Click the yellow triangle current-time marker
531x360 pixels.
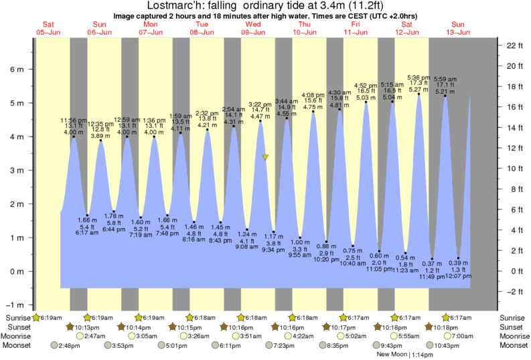[x=266, y=158]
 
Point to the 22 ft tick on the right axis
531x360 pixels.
[x=514, y=46]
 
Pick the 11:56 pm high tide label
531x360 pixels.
[x=74, y=120]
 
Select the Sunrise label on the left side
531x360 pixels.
[x=17, y=317]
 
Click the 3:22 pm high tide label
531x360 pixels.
[x=260, y=104]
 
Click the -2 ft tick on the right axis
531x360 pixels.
[x=514, y=292]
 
